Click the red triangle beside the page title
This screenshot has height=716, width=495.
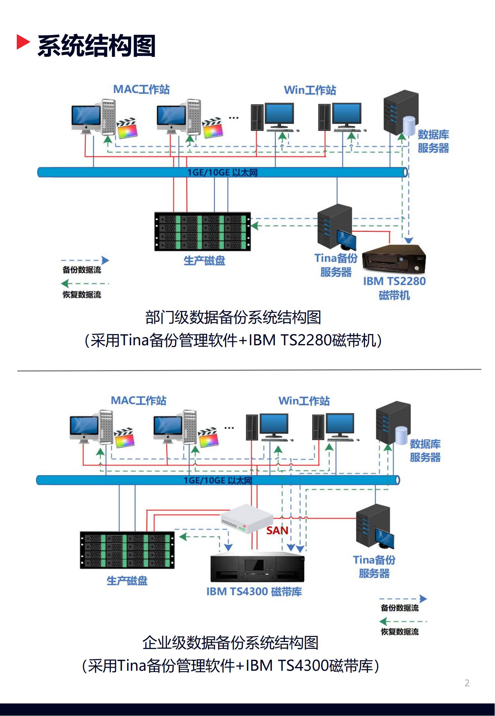[x=23, y=42]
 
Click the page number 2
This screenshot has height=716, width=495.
[x=467, y=683]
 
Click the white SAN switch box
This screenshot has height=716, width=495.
[x=247, y=518]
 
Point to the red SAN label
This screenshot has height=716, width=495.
[x=277, y=531]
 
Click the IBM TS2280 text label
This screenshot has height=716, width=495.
[x=394, y=281]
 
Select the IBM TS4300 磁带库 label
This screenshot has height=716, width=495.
[x=254, y=591]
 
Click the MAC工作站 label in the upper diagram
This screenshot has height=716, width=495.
[x=141, y=89]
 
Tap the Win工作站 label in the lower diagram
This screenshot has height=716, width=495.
[x=304, y=401]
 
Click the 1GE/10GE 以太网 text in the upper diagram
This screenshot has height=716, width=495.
[x=222, y=172]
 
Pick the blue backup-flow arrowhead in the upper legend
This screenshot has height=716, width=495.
[x=105, y=260]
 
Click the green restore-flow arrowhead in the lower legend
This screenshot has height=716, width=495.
[x=383, y=622]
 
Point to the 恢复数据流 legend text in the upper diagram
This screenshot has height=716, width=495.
[x=82, y=294]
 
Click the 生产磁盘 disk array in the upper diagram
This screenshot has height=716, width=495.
[x=203, y=231]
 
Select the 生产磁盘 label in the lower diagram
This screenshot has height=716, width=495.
[x=127, y=581]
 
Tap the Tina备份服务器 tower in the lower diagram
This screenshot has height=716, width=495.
[x=373, y=525]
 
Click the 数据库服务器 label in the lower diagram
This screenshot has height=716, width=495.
[x=425, y=451]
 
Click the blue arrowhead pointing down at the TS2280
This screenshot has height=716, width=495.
[x=409, y=241]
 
